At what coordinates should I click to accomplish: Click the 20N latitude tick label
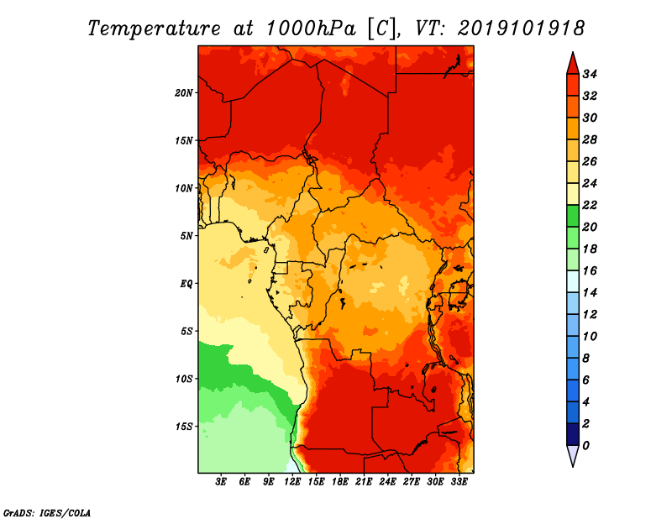pyautogui.click(x=185, y=92)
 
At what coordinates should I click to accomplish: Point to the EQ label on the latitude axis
pyautogui.click(x=187, y=283)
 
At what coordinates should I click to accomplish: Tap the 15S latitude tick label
pyautogui.click(x=185, y=426)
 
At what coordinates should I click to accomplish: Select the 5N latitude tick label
pyautogui.click(x=186, y=236)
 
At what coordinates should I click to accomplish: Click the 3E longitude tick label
pyautogui.click(x=222, y=481)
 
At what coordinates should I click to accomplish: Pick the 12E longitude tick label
pyautogui.click(x=292, y=481)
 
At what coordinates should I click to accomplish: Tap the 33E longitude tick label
pyautogui.click(x=459, y=481)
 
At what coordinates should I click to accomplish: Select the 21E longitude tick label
pyautogui.click(x=364, y=481)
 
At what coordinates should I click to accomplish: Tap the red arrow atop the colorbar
pyautogui.click(x=573, y=63)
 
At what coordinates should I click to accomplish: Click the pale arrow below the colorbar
pyautogui.click(x=573, y=455)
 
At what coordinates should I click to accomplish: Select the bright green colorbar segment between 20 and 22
pyautogui.click(x=573, y=216)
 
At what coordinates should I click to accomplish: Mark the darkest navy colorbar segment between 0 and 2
pyautogui.click(x=573, y=434)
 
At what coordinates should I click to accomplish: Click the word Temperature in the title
pyautogui.click(x=150, y=29)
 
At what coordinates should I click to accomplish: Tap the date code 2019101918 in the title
pyautogui.click(x=521, y=29)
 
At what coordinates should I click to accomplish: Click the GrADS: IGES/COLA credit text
pyautogui.click(x=46, y=511)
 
